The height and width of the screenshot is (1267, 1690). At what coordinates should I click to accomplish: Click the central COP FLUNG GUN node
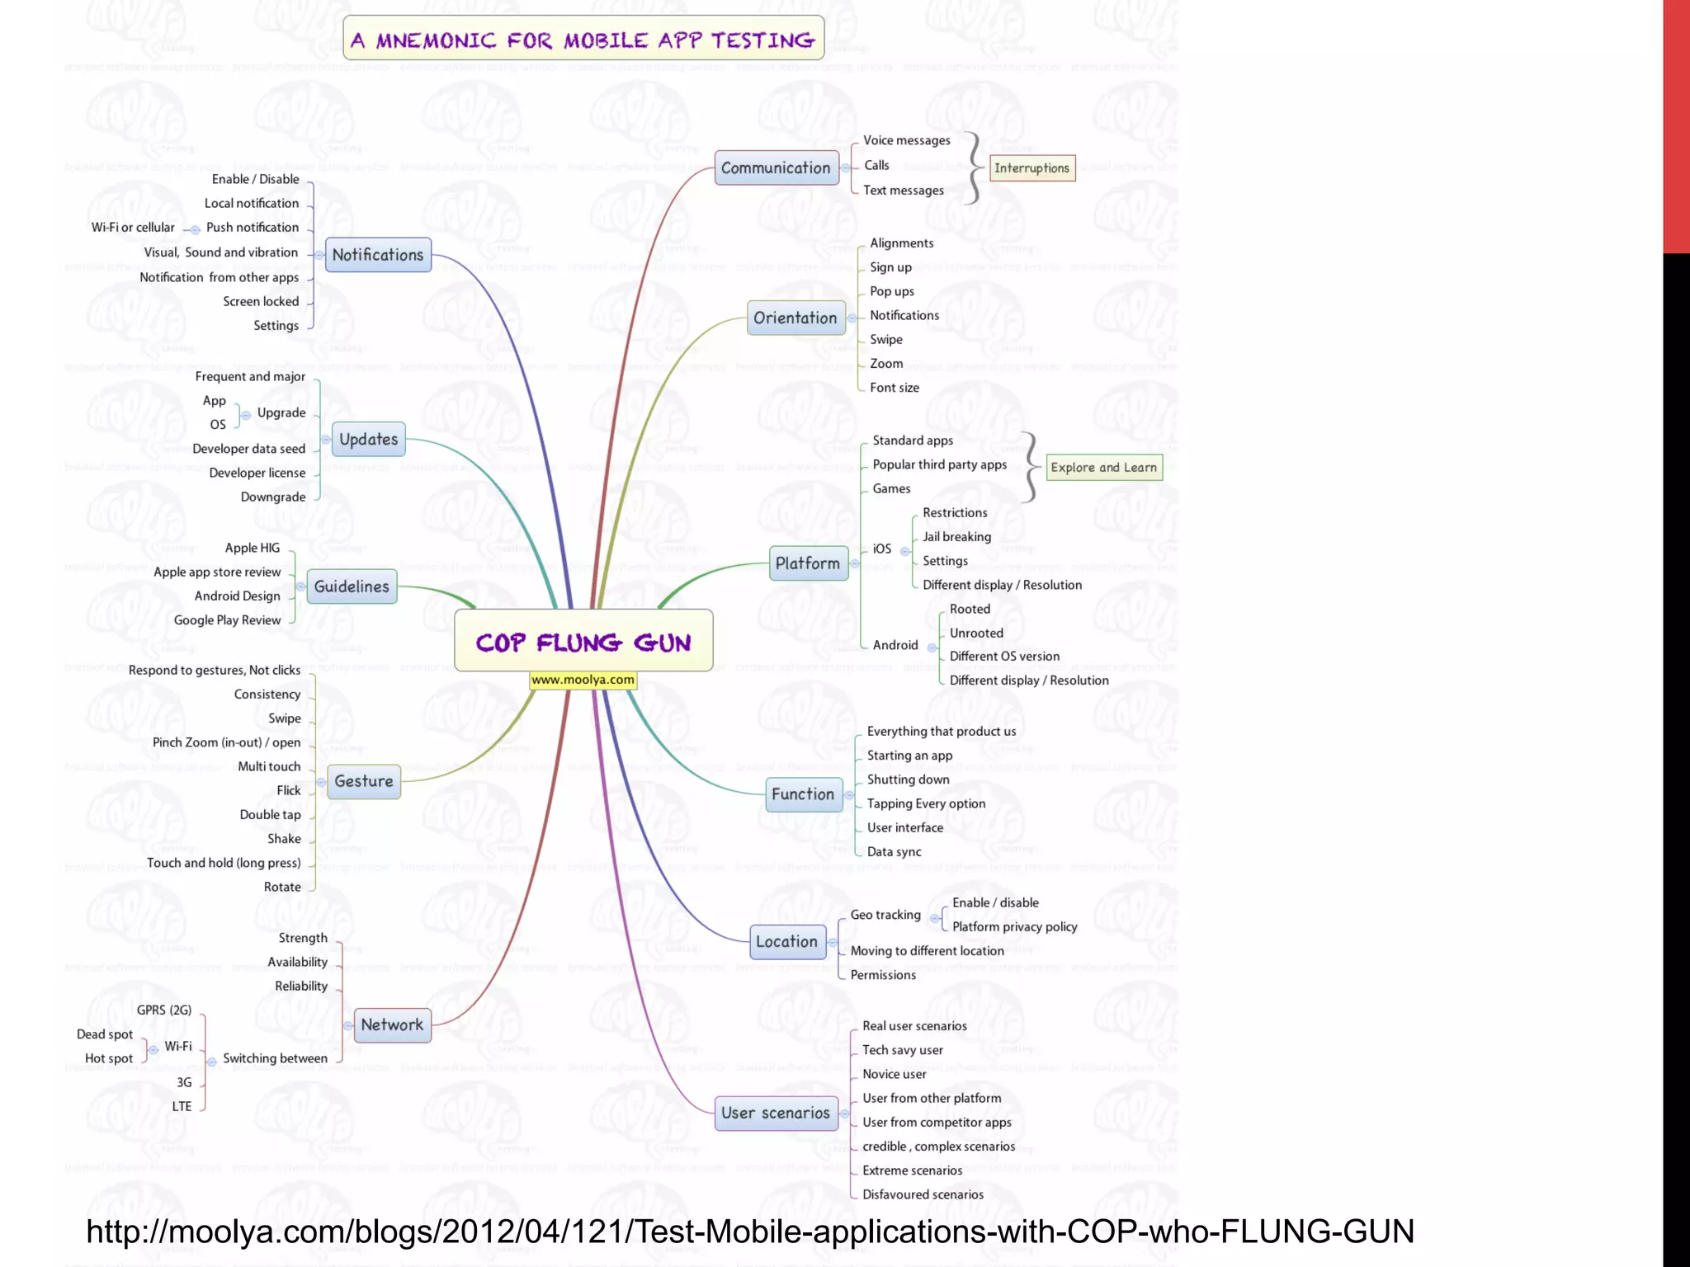point(583,641)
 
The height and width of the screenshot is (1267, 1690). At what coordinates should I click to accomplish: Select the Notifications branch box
point(378,255)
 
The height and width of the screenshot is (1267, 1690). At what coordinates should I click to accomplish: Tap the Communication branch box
point(776,168)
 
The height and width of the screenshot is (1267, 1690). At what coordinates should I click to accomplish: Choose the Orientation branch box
point(795,318)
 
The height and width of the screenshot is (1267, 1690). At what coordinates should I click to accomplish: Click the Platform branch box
point(808,563)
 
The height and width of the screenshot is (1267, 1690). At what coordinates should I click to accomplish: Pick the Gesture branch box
point(364,781)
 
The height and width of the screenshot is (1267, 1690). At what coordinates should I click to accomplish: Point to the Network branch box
point(392,1025)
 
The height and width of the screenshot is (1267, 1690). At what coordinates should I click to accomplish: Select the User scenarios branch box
point(776,1114)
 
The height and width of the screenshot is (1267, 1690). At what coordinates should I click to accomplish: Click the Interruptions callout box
point(1031,168)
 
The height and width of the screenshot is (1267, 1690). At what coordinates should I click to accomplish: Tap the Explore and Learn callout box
point(1103,468)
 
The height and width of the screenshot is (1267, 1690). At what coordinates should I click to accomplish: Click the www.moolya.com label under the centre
point(583,681)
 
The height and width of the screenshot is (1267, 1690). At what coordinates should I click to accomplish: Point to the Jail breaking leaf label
point(956,537)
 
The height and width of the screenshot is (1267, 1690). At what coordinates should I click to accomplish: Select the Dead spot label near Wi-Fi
point(105,1034)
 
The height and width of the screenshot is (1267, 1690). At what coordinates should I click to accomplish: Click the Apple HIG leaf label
point(253,548)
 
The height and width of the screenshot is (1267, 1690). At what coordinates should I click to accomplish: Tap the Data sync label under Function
point(894,852)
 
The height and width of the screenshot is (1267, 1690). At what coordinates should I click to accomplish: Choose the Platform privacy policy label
point(1014,927)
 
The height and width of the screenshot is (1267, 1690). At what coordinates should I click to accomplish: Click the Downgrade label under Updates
point(273,497)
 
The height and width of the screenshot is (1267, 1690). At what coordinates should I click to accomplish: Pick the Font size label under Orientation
point(894,388)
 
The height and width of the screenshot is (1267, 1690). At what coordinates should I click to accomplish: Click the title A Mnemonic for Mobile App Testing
point(583,40)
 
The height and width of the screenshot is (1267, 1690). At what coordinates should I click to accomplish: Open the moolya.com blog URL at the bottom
point(749,1232)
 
